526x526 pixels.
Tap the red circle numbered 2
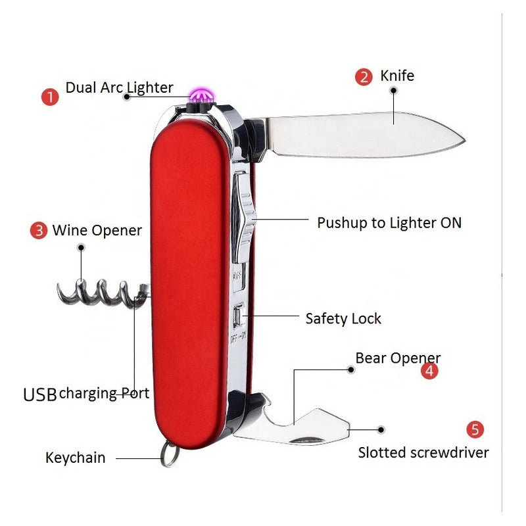pos(364,77)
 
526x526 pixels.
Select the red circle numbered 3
pos(39,231)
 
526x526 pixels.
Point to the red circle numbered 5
pos(475,430)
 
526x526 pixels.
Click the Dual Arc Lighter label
pos(119,87)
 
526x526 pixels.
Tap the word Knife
pos(397,76)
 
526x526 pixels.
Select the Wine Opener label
pos(97,231)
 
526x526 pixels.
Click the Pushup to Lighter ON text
pos(389,223)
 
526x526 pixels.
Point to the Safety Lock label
pos(343,319)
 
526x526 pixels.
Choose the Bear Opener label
pos(398,358)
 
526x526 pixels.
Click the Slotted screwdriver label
pos(423,452)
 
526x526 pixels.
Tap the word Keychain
pos(75,458)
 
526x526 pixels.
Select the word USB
pos(40,394)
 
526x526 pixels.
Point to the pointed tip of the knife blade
pos(462,139)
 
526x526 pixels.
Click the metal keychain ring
pos(170,454)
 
